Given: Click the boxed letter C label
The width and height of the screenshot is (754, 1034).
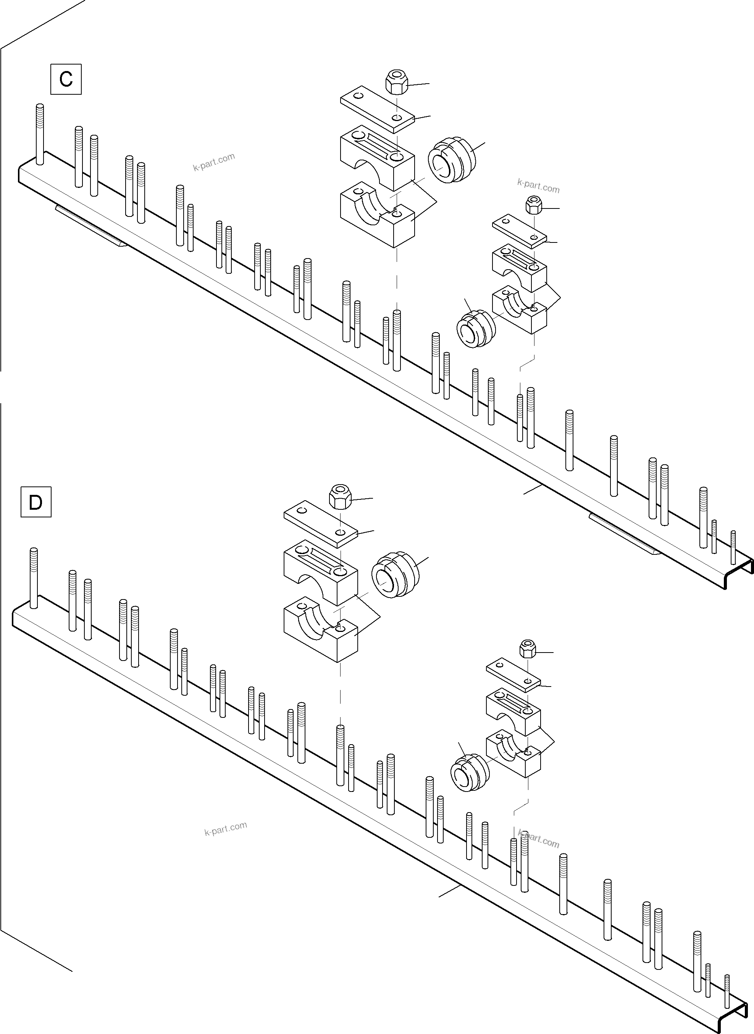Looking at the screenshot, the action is [x=66, y=79].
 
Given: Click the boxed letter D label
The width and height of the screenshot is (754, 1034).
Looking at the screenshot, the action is [x=36, y=502].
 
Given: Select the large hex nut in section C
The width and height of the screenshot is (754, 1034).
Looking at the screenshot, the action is [x=397, y=82].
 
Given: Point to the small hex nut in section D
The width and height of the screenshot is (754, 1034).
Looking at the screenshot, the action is [x=528, y=649].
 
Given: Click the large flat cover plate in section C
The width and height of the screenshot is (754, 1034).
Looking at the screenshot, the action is [x=378, y=109].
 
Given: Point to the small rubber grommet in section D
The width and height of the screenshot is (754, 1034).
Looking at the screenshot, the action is [x=470, y=772].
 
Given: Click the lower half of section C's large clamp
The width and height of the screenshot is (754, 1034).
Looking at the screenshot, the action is [x=378, y=215].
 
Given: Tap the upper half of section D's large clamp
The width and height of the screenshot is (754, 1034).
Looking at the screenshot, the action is [x=321, y=573].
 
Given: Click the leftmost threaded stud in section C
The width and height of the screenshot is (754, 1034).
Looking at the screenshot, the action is [x=40, y=134].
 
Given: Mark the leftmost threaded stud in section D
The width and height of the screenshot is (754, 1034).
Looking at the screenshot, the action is [x=33, y=578].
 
